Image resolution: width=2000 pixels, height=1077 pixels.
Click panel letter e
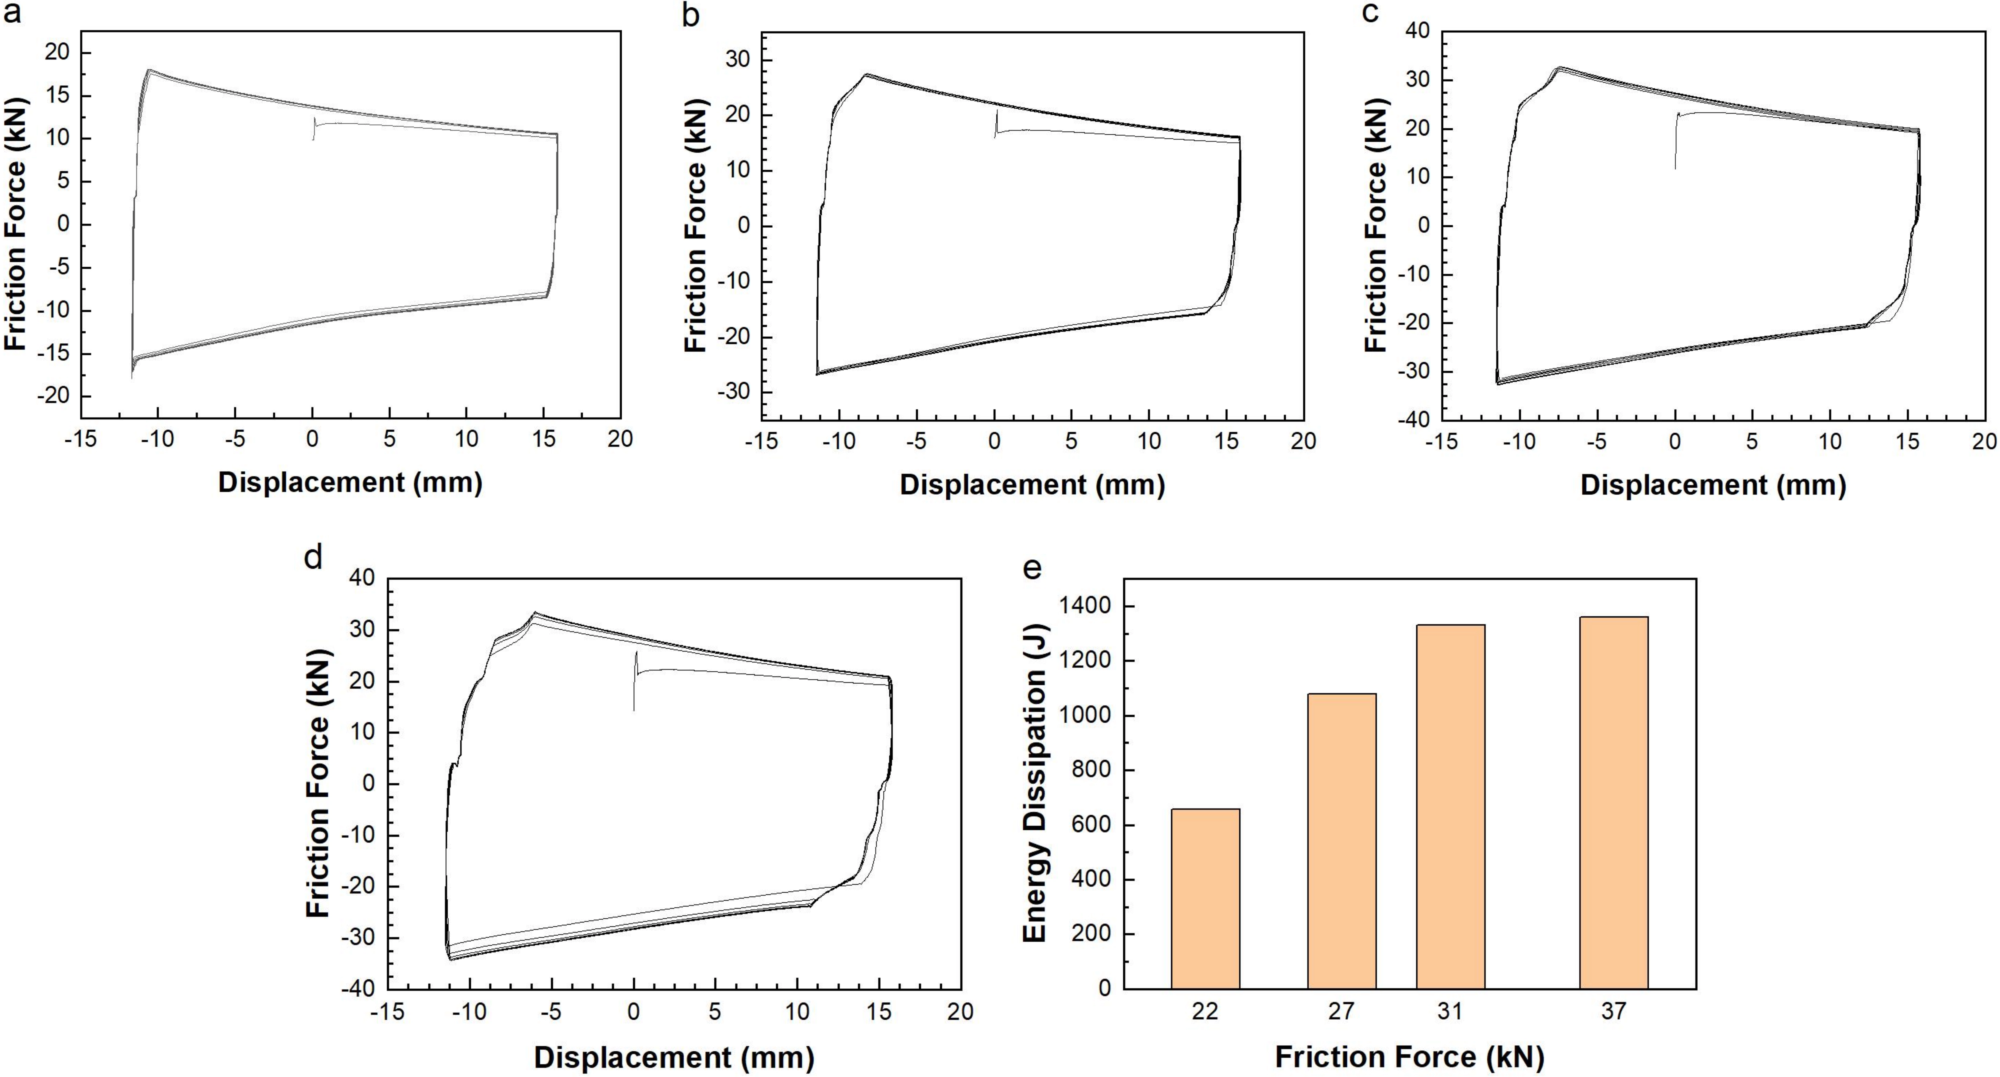(x=1033, y=568)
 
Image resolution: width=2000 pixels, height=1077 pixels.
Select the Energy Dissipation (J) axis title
(x=1035, y=783)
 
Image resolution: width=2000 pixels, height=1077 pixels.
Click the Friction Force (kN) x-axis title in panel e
(x=1409, y=1057)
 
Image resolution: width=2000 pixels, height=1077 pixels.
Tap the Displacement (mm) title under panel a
(x=350, y=482)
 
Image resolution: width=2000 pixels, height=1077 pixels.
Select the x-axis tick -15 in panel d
(x=387, y=1012)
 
